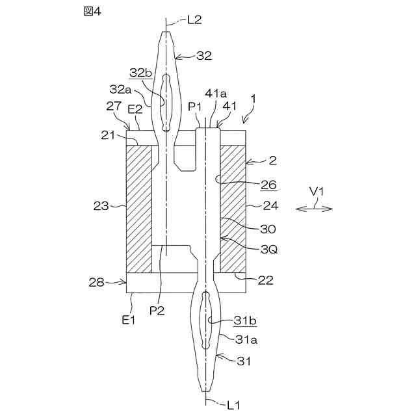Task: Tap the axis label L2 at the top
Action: point(194,20)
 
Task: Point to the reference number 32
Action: point(203,57)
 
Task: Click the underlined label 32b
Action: point(139,72)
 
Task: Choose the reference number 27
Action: point(113,105)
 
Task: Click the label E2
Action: point(135,109)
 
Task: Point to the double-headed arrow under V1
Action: point(315,209)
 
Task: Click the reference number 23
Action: point(101,207)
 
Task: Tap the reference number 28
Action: point(96,281)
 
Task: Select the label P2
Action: point(157,310)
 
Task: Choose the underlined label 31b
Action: point(244,320)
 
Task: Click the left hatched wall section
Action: point(139,208)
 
